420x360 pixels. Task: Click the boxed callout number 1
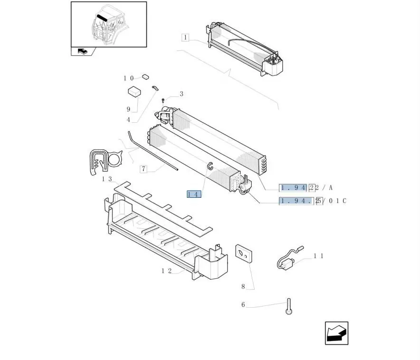pyautogui.click(x=185, y=38)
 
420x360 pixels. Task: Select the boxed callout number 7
pyautogui.click(x=144, y=169)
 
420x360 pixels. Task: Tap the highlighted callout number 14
pyautogui.click(x=194, y=194)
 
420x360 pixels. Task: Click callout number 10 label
pyautogui.click(x=129, y=78)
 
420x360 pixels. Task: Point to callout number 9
pyautogui.click(x=128, y=109)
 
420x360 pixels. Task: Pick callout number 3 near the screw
pyautogui.click(x=181, y=94)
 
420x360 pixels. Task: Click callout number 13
pyautogui.click(x=107, y=179)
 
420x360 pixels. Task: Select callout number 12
pyautogui.click(x=166, y=271)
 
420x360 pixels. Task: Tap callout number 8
pyautogui.click(x=243, y=286)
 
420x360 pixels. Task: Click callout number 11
pyautogui.click(x=318, y=256)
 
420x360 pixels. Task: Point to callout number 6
pyautogui.click(x=243, y=305)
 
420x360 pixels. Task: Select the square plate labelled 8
pyautogui.click(x=243, y=253)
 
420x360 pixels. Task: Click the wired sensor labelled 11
pyautogui.click(x=287, y=259)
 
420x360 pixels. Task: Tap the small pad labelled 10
pyautogui.click(x=146, y=76)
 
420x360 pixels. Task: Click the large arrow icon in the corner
pyautogui.click(x=336, y=333)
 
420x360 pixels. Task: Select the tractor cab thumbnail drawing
pyautogui.click(x=109, y=24)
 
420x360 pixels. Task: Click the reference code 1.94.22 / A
pyautogui.click(x=306, y=187)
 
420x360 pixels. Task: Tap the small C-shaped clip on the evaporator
pyautogui.click(x=209, y=165)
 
